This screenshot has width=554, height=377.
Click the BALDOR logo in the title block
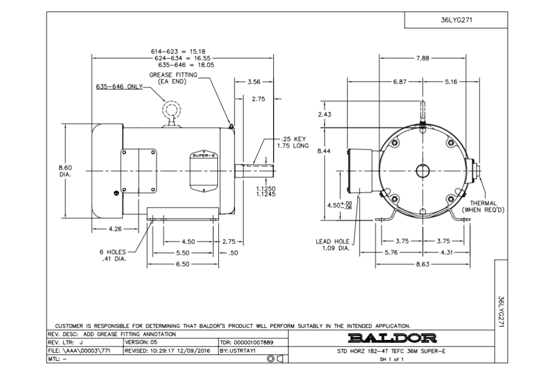(x=392, y=338)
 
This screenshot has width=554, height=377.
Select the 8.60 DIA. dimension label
(x=65, y=171)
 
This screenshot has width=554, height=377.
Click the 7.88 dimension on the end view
(x=422, y=58)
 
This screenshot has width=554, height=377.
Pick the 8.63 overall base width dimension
(x=423, y=264)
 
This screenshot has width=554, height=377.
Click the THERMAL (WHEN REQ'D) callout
(x=483, y=206)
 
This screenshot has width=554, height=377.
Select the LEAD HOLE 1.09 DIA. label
(x=332, y=245)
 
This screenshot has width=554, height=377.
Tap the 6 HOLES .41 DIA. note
(x=112, y=255)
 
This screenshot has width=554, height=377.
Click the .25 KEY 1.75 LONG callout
(x=293, y=142)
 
